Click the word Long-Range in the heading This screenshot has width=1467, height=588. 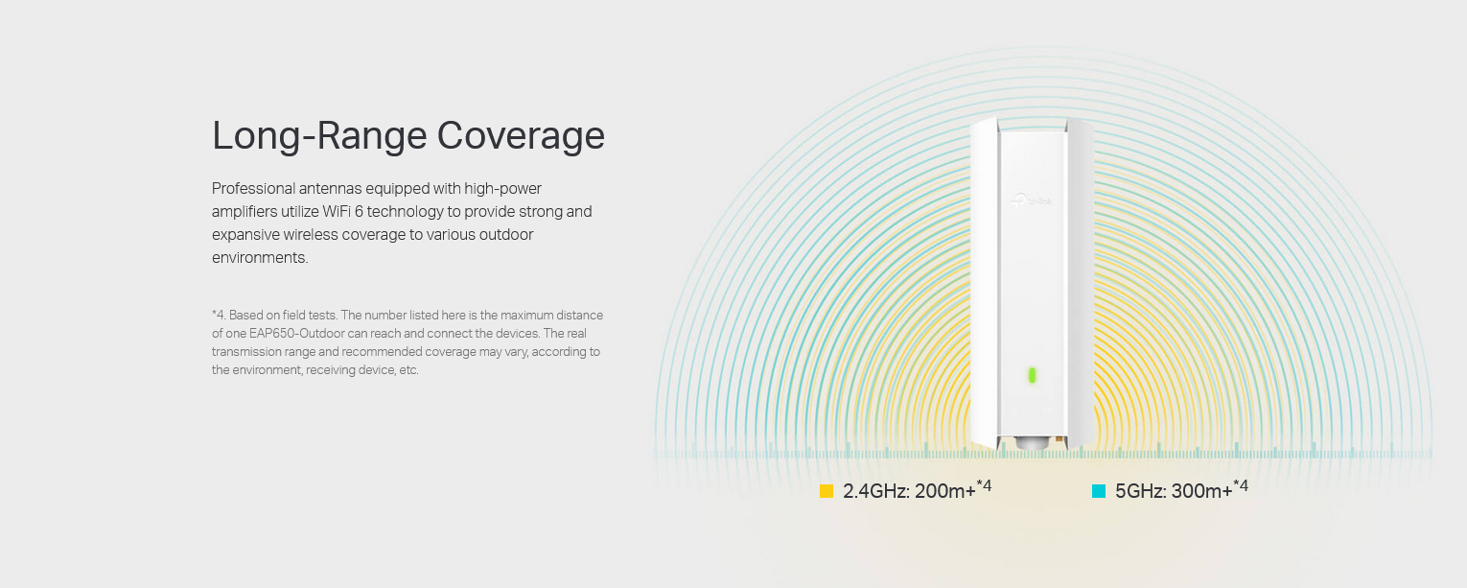[x=319, y=135]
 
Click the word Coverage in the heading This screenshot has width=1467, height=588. [x=521, y=135]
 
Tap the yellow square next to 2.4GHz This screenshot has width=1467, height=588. [x=827, y=491]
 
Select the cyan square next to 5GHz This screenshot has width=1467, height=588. [x=1098, y=491]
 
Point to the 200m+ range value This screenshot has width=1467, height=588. [x=945, y=491]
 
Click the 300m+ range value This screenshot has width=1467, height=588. [x=1201, y=491]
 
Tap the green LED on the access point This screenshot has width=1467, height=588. [x=1032, y=375]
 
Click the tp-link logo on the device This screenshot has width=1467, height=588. [x=1032, y=200]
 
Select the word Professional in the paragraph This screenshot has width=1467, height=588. [x=253, y=189]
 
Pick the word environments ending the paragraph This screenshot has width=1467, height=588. [x=259, y=258]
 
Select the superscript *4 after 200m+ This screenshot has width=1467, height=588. [x=985, y=485]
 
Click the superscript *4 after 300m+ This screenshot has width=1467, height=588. [x=1241, y=485]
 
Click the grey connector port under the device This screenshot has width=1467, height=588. [x=1031, y=444]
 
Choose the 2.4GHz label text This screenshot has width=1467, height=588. [x=876, y=491]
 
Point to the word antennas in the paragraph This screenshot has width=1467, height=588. [x=330, y=189]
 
